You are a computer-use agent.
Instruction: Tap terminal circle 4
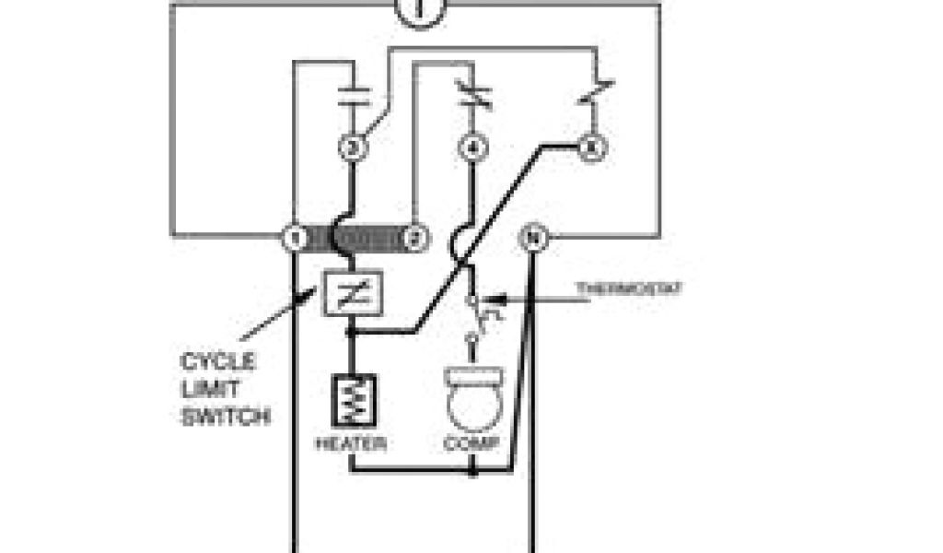coord(472,147)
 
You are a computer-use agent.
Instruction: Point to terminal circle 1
coord(293,238)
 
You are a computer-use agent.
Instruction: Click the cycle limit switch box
coord(351,295)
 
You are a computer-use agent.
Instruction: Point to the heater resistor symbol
coord(351,399)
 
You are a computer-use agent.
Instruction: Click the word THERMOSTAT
coord(630,288)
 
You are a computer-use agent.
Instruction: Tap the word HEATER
coord(351,444)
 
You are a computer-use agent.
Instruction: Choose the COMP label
coord(471,444)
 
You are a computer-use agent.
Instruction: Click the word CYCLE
coord(217,361)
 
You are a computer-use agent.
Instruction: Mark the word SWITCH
coord(225,418)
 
